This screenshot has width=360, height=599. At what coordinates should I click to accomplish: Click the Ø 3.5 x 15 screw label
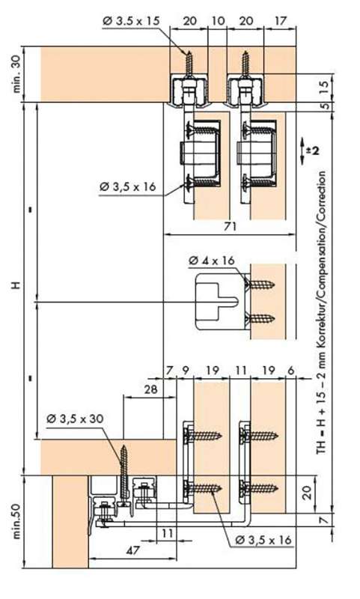[x=131, y=20]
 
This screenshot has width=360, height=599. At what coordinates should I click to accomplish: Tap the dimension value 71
[x=230, y=227]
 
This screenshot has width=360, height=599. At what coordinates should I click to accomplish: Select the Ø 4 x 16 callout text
[x=212, y=261]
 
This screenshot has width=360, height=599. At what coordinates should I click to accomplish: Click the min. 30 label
[x=17, y=74]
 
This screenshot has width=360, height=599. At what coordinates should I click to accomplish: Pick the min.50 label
[x=17, y=520]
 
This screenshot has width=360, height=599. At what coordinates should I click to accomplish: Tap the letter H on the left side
[x=16, y=285]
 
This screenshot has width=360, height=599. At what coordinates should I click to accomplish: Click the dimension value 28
[x=150, y=389]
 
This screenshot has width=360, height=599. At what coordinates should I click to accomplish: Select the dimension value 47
[x=133, y=550]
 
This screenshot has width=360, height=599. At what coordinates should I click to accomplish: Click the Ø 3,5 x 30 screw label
[x=75, y=419]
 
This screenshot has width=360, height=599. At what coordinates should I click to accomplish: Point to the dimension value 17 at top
[x=280, y=20]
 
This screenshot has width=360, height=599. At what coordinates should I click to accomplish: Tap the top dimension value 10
[x=218, y=20]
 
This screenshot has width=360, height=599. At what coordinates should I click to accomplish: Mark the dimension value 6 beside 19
[x=291, y=370]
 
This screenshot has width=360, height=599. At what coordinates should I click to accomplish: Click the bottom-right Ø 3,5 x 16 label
[x=263, y=540]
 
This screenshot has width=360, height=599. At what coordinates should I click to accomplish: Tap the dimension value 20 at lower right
[x=308, y=493]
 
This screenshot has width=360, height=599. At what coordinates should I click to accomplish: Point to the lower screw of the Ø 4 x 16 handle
[x=260, y=317]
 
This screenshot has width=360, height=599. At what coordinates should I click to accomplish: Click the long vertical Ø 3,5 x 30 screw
[x=123, y=474]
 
